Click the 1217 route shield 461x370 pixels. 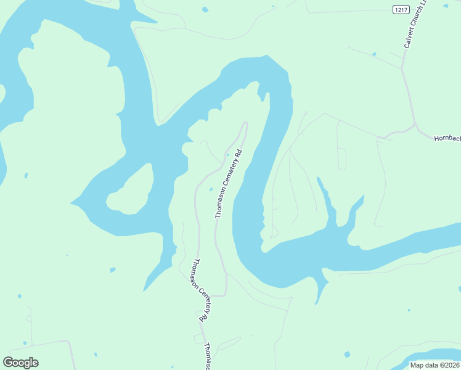(x=401, y=9)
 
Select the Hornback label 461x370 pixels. (x=447, y=139)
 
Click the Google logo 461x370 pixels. (x=20, y=363)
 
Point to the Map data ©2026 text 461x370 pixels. (x=434, y=365)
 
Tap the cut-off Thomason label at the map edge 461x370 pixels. (x=208, y=357)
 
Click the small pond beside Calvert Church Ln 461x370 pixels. (x=374, y=55)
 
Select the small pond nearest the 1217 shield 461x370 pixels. (x=445, y=6)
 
